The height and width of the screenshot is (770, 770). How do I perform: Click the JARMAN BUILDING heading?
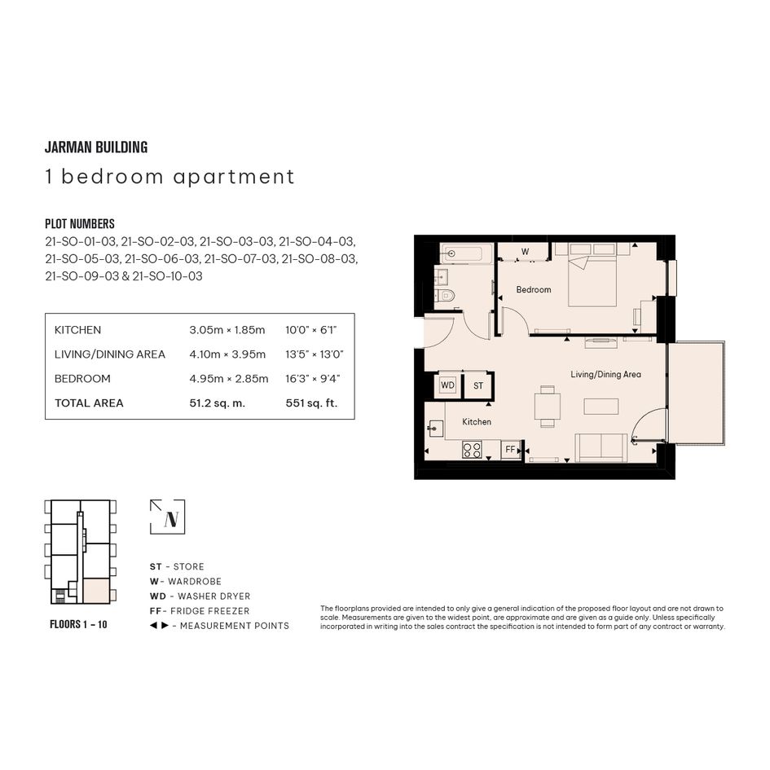point(96,147)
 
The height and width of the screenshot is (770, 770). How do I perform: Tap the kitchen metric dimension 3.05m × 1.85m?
point(227,330)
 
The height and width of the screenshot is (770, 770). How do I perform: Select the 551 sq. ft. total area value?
point(311,403)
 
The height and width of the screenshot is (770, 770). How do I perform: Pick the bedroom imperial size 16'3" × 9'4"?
point(313,379)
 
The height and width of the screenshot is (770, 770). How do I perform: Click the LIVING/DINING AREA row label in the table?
point(109,354)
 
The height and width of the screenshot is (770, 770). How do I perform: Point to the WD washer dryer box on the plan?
point(447,385)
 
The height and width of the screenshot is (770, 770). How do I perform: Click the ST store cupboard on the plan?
point(478,385)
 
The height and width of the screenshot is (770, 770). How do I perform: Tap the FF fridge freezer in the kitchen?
point(511,449)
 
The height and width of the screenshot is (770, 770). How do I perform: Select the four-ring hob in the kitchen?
point(472,450)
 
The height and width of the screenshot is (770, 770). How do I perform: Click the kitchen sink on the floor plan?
point(435,429)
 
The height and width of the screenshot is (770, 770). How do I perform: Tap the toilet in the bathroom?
point(446,296)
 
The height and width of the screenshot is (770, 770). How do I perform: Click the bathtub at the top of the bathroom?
point(466,254)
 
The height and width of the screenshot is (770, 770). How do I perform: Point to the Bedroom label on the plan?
point(534,290)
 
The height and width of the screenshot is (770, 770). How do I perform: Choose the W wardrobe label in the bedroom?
point(525,252)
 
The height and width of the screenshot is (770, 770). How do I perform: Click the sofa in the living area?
point(601,447)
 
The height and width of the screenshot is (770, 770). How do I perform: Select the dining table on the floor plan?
point(548,407)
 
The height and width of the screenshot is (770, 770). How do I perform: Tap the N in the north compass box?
point(171,519)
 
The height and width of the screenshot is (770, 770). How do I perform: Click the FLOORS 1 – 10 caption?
point(78,624)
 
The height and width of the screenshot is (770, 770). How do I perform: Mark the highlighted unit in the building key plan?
point(96,591)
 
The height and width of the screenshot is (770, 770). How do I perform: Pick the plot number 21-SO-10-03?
point(168,276)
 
